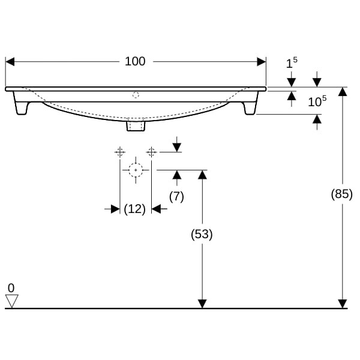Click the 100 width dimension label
click(x=135, y=61)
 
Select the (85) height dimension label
click(x=342, y=194)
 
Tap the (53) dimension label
click(x=202, y=235)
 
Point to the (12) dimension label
click(x=135, y=209)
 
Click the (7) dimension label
click(x=176, y=196)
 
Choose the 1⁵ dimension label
click(x=292, y=63)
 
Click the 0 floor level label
click(x=11, y=287)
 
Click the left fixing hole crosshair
click(x=119, y=151)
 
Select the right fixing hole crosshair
click(x=151, y=151)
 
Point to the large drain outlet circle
click(x=136, y=170)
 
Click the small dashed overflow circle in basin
click(x=136, y=94)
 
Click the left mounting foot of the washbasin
click(x=23, y=106)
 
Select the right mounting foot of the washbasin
click(x=249, y=107)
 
